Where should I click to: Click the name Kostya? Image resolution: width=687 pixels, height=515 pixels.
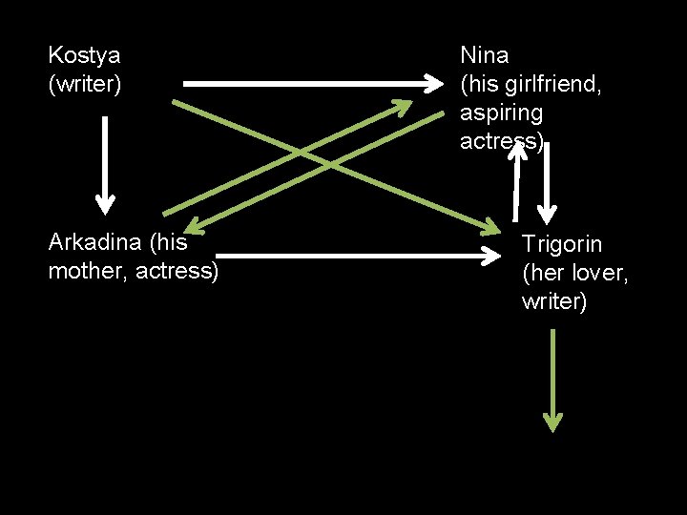(x=84, y=55)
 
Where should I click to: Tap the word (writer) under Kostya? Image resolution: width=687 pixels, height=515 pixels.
(x=85, y=85)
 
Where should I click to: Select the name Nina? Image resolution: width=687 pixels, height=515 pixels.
(x=485, y=55)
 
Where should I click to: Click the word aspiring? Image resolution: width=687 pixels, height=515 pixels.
(x=501, y=113)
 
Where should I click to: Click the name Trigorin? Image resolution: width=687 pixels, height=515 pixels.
(x=562, y=244)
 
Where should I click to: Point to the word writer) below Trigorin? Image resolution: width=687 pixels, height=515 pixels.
(x=554, y=302)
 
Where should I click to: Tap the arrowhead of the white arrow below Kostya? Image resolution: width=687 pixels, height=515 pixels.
(x=105, y=203)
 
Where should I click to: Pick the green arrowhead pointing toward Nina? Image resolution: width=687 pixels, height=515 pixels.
(x=423, y=103)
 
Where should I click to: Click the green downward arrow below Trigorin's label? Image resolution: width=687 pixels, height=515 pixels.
(x=552, y=420)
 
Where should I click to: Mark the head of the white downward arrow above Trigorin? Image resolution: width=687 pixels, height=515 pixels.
(x=547, y=212)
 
